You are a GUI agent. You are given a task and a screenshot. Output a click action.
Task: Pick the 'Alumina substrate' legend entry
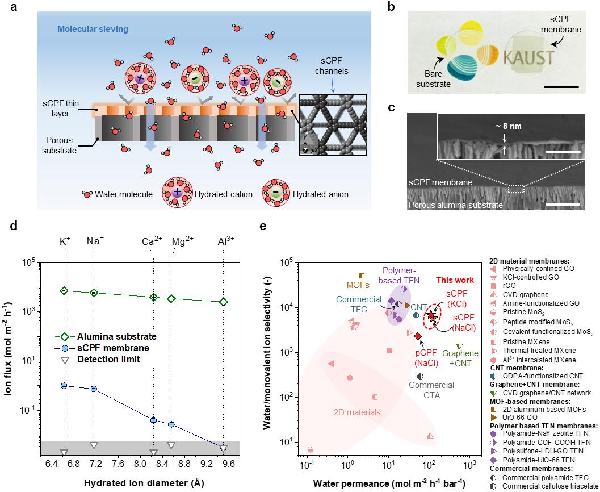[x=117, y=336]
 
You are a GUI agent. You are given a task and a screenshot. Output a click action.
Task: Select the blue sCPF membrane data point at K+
[x=64, y=386]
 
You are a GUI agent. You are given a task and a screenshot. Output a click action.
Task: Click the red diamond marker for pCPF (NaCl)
[x=418, y=336]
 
